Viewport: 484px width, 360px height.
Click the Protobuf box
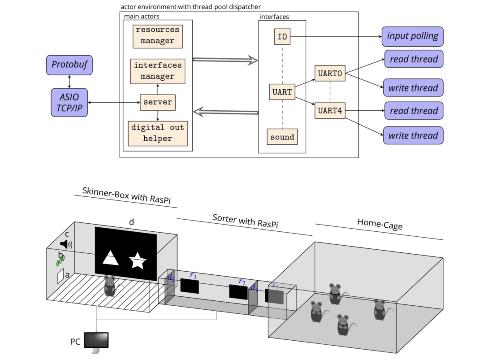click(x=69, y=65)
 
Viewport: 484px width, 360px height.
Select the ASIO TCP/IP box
click(x=69, y=102)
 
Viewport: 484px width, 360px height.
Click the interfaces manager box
click(x=158, y=71)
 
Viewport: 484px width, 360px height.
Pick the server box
click(x=157, y=102)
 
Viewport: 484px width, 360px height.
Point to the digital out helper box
click(x=157, y=133)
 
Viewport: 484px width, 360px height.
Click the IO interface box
click(x=282, y=37)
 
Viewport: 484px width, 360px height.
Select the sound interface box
click(x=282, y=137)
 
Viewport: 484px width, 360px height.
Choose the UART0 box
click(x=330, y=73)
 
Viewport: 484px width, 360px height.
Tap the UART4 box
click(x=330, y=110)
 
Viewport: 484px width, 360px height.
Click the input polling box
click(x=412, y=36)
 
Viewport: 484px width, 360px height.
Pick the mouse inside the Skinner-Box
click(x=110, y=286)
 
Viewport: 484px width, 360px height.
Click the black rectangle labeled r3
click(x=189, y=286)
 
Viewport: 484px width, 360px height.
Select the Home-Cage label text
click(x=380, y=224)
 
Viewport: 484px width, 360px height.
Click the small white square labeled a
click(x=60, y=277)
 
